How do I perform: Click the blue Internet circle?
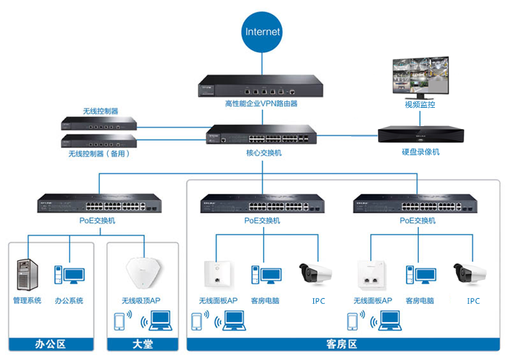click(x=262, y=32)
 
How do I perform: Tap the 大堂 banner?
click(x=142, y=343)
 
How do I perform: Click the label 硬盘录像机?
click(x=420, y=152)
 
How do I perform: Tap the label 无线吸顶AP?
click(x=142, y=300)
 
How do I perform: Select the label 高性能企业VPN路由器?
click(x=251, y=103)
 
